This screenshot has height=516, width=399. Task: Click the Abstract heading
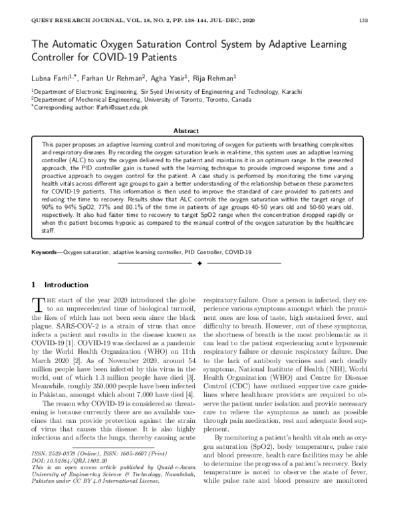[199, 132]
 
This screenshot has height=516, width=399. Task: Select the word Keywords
[46, 253]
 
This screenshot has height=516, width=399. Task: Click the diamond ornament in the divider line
[199, 264]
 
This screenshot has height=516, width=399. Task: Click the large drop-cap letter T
[37, 304]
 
